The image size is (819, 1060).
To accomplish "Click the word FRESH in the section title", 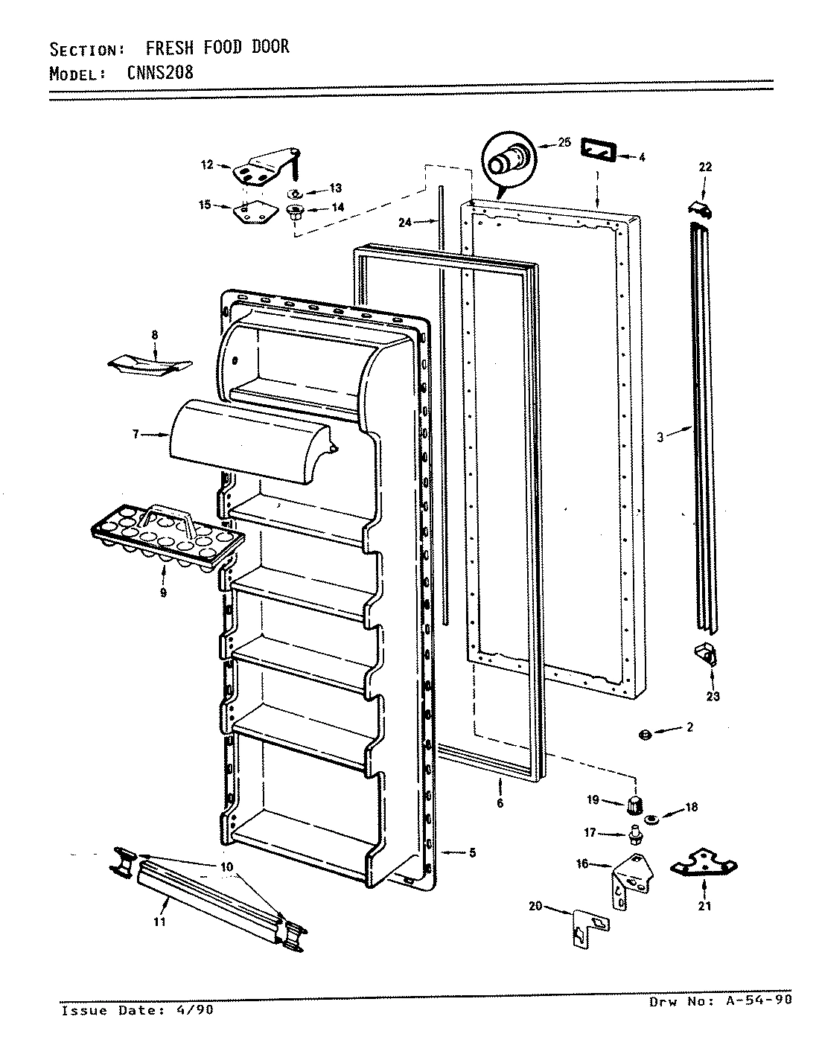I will click(169, 48).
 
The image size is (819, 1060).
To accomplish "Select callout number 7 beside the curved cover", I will click(136, 434).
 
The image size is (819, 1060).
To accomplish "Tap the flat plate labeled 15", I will click(251, 213).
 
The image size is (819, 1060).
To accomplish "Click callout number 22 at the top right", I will click(704, 167).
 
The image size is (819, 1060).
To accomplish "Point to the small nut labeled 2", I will click(645, 735).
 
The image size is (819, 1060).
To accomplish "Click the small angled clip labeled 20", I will click(589, 927).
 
